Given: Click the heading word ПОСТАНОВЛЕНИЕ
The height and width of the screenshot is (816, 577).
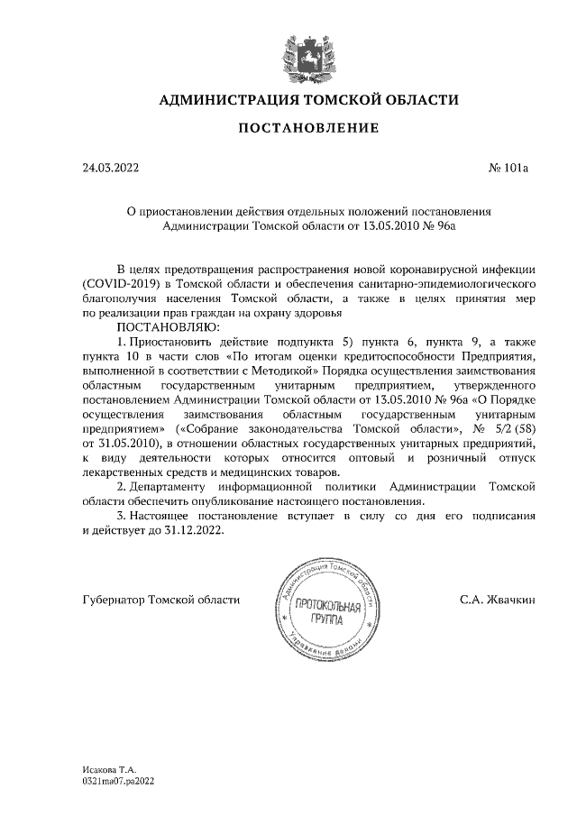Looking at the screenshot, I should point(307,130).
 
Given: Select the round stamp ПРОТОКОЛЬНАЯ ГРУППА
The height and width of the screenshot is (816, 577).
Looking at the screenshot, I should point(321,610).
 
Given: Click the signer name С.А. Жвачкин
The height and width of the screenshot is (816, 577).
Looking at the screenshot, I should point(498,599).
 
